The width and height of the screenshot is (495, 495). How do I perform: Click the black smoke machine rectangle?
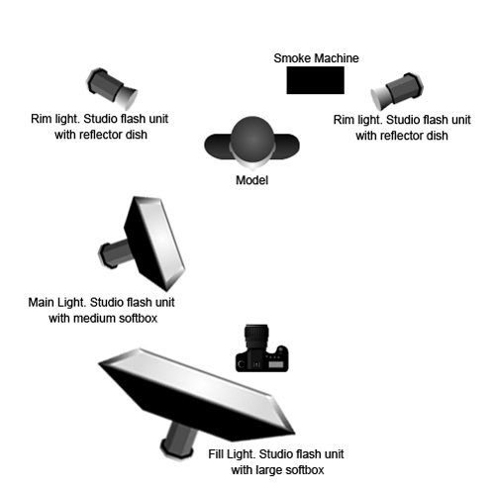point(315,80)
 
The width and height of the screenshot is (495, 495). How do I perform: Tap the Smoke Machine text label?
point(316,58)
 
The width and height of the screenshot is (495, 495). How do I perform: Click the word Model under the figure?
point(251,180)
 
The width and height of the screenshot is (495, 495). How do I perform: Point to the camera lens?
point(256,336)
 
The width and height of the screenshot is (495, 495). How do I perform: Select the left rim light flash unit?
point(112,88)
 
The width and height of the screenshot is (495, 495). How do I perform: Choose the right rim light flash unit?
point(397,91)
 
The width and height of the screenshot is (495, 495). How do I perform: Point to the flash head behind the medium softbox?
point(115,253)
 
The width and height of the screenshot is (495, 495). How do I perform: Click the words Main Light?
point(57,302)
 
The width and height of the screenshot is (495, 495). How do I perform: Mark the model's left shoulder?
point(288,147)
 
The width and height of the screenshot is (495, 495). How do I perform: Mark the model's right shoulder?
point(218,147)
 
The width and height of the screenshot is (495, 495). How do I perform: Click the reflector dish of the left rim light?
point(128,98)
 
